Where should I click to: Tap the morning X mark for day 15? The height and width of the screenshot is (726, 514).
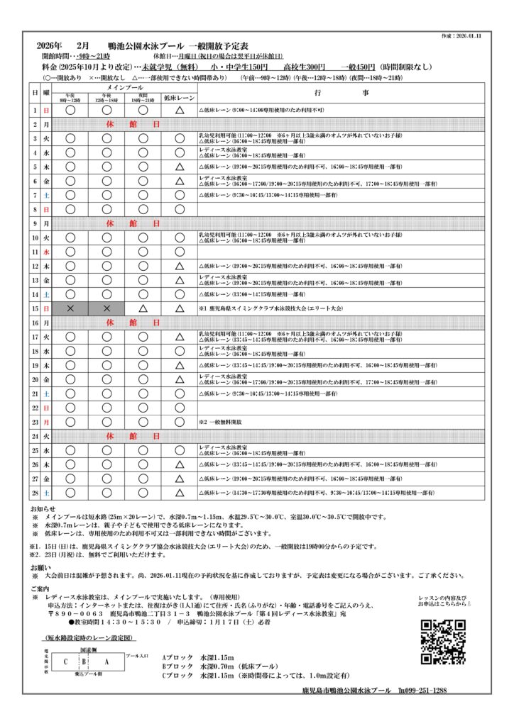point(70,308)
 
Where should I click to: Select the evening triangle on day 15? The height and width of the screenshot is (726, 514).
point(143,308)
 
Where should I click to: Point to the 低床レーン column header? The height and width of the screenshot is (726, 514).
point(180,97)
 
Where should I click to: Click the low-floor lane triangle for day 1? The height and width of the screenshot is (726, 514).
point(180,111)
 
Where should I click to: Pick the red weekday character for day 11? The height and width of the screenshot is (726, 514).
point(46,252)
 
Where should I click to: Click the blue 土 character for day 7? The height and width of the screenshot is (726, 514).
point(46,194)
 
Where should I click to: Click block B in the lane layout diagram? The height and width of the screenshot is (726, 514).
point(83,661)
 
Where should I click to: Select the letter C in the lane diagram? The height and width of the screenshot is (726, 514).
point(66,661)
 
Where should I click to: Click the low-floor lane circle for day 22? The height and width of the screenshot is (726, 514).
point(180,408)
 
